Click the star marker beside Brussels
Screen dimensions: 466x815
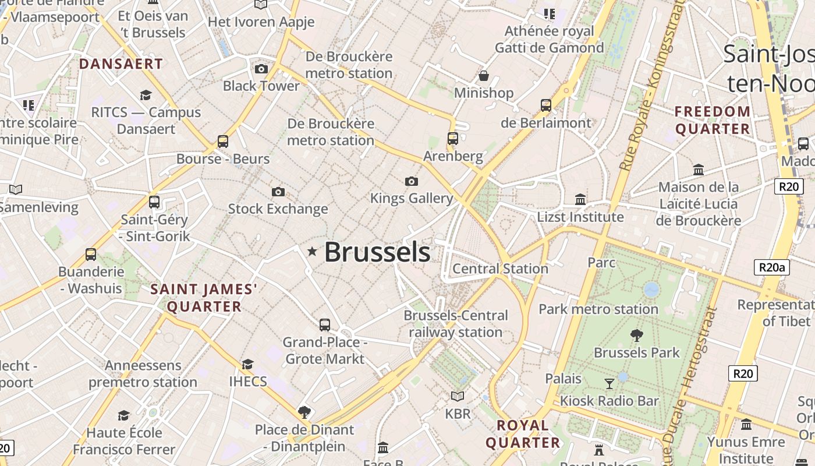coord(313,252)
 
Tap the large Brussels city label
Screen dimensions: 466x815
coord(377,252)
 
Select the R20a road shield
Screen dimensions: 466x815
coord(773,267)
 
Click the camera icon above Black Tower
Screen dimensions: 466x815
coord(261,69)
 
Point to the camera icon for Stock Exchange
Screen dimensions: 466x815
coord(278,192)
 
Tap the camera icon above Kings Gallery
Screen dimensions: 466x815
coord(412,181)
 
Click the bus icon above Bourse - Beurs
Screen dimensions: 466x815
coord(223,141)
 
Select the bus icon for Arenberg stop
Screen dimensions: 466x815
coord(453,139)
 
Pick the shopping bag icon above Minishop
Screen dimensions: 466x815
coord(483,76)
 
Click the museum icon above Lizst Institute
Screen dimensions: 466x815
coord(580,200)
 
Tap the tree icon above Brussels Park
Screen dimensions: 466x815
coord(637,335)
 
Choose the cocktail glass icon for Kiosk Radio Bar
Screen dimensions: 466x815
coord(609,383)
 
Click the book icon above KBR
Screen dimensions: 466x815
coord(458,396)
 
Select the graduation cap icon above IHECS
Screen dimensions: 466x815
coord(248,365)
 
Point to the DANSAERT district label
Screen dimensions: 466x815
coord(121,63)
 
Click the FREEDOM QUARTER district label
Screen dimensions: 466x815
coord(713,120)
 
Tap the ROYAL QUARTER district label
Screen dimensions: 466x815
coord(523,434)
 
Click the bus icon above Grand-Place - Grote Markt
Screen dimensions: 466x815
coord(325,325)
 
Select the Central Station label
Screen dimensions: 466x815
coord(500,269)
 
